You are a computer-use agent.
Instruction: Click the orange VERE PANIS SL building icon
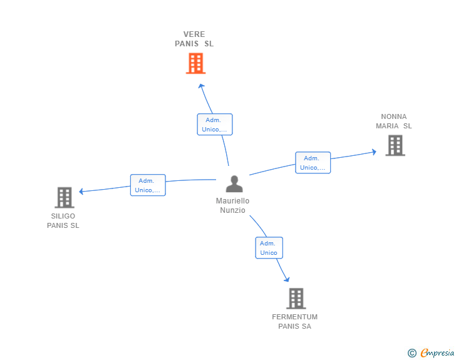[195, 63]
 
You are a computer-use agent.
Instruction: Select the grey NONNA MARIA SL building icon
[395, 145]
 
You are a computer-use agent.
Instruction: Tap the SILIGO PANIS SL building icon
[65, 197]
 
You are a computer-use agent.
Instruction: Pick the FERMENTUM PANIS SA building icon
[296, 299]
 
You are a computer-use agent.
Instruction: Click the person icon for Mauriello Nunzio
[234, 184]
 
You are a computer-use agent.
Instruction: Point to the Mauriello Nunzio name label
[232, 205]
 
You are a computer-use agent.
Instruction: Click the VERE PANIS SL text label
[194, 39]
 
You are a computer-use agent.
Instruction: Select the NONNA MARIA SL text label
[394, 121]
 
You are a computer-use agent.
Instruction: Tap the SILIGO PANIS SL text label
[63, 221]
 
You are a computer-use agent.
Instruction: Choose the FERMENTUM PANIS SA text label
[294, 322]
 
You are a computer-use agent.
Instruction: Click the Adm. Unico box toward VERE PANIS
[215, 125]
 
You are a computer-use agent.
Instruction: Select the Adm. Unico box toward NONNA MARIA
[313, 163]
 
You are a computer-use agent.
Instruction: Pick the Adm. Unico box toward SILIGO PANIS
[148, 185]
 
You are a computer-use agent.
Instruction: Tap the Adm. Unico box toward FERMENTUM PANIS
[269, 248]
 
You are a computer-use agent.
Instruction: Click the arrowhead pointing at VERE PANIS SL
[201, 86]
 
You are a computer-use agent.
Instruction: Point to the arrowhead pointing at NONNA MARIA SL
[374, 152]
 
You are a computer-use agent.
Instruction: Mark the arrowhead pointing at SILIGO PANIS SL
[81, 191]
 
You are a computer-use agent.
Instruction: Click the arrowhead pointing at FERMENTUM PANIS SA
[287, 279]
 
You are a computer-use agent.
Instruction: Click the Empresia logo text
[437, 352]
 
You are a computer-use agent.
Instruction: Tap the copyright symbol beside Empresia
[412, 353]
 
